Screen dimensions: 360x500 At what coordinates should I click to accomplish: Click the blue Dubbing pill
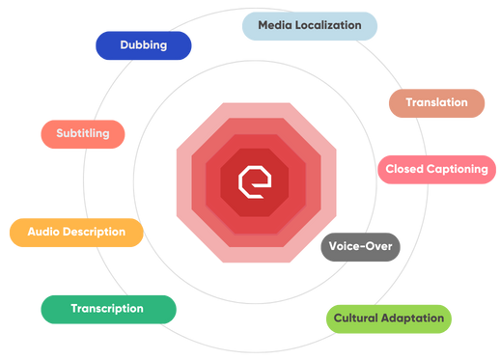pos(143,45)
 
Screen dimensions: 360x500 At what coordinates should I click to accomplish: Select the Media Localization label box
pos(309,25)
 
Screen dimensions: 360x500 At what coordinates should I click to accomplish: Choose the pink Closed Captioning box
pos(436,170)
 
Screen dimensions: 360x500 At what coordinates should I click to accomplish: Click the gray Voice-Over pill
pos(360,246)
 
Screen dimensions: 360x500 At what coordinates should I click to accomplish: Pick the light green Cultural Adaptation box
pos(388,318)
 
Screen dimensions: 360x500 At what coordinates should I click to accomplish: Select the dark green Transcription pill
pos(108,309)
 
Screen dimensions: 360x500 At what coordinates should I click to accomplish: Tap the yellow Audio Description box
pos(76,233)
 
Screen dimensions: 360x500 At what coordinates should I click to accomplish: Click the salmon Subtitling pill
pos(82,133)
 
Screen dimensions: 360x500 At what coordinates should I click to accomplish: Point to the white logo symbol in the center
pos(249,178)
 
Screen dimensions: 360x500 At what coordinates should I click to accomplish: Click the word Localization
pos(330,25)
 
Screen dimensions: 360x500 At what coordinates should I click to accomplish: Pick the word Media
pos(273,25)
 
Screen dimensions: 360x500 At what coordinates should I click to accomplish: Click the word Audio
pos(43,233)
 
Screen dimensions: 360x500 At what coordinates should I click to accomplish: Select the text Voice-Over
pos(360,246)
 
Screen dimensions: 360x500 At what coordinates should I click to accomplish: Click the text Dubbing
pos(143,45)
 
